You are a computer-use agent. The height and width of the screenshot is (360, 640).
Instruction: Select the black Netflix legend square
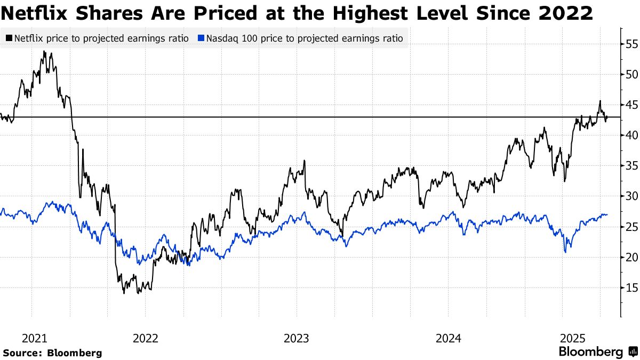click(9, 38)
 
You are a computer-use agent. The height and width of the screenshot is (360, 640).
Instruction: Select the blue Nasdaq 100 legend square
click(201, 38)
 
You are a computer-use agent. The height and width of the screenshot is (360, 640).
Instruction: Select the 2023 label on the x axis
click(296, 338)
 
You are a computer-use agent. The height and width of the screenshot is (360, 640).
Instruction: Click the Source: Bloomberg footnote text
click(52, 353)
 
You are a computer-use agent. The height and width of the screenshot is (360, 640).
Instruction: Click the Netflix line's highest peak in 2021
click(44, 52)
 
